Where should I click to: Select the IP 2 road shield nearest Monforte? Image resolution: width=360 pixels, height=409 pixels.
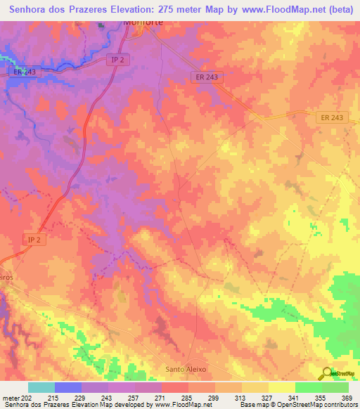pos(118,60)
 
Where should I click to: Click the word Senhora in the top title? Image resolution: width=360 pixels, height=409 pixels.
pos(33,9)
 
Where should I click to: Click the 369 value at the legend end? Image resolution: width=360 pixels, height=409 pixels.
pos(347,398)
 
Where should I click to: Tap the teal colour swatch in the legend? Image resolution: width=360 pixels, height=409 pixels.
pos(41,387)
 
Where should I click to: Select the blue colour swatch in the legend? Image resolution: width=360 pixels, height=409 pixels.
pos(68,387)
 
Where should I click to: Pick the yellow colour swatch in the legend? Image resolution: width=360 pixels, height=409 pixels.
pos(281,387)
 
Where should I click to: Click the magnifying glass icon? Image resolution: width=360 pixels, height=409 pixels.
pos(326,372)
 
